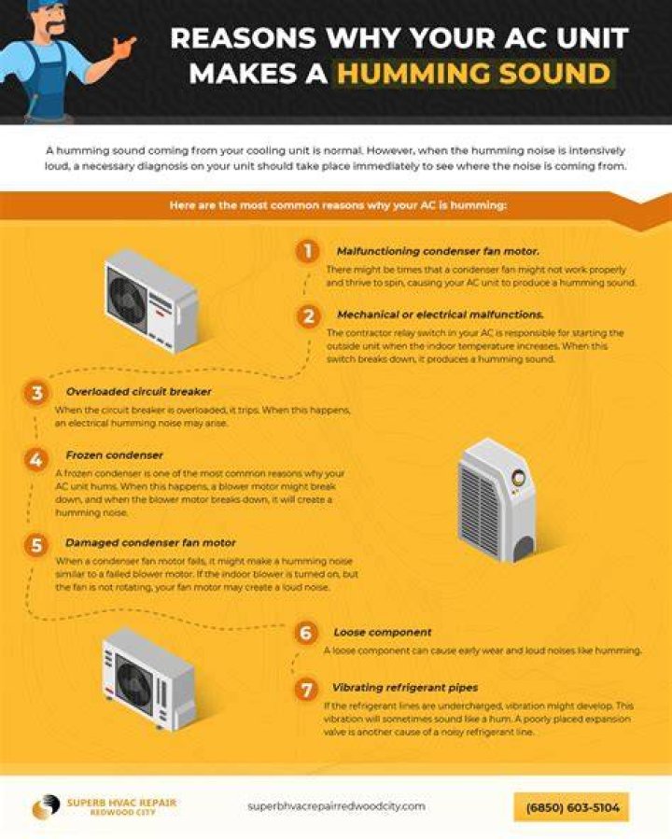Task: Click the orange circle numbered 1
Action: [x=308, y=251]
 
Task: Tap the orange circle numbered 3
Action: [x=36, y=393]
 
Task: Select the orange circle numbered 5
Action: [x=36, y=545]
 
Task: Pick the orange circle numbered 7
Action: [x=306, y=689]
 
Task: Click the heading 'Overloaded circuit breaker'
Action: [x=138, y=392]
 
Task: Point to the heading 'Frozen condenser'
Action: [x=115, y=455]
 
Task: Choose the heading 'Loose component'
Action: [x=383, y=632]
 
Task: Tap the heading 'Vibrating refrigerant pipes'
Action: [x=405, y=688]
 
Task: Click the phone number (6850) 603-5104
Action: [x=572, y=807]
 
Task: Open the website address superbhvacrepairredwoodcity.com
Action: [x=337, y=805]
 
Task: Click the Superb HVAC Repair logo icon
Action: [x=46, y=807]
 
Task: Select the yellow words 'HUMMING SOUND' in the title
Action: [x=473, y=74]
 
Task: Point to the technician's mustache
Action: [x=53, y=27]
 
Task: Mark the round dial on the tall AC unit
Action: [x=518, y=478]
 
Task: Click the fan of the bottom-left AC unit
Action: [x=133, y=683]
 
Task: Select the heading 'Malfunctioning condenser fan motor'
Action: [x=438, y=251]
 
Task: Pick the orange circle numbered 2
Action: [x=309, y=316]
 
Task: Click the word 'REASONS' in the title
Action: [x=244, y=38]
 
